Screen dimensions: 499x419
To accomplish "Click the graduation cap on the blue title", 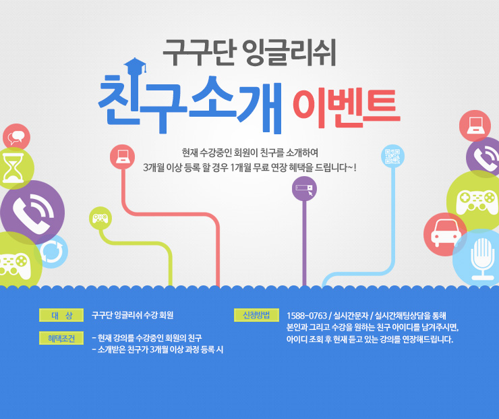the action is pos(135,66).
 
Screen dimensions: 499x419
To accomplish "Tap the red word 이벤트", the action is pos(346,108).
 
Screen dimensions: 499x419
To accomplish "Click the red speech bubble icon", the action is pos(17,137).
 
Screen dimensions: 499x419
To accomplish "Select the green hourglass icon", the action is pos(14,168).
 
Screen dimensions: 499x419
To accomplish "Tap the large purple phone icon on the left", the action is pos(32,213).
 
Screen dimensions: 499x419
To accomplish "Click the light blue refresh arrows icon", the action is pos(51,251).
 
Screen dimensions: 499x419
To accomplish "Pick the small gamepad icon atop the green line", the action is pos(100,218).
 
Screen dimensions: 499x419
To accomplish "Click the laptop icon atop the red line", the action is pos(122,157).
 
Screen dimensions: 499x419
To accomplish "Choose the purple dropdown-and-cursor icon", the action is pos(304,188).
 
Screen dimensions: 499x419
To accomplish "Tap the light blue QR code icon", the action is pos(392,156).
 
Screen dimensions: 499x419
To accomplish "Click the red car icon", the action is pos(445,234).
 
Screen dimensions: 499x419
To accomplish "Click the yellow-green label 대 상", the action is pos(61,315).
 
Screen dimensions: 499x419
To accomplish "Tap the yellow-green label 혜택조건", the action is pos(61,338).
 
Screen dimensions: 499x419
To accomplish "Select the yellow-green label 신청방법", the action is pos(256,315).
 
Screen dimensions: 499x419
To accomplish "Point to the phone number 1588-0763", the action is pos(307,316).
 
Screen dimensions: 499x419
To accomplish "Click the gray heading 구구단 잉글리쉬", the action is pos(249,52).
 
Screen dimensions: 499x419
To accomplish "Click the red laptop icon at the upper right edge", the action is pos(475,125).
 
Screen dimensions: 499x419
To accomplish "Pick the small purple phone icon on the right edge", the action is pos(483,157).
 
